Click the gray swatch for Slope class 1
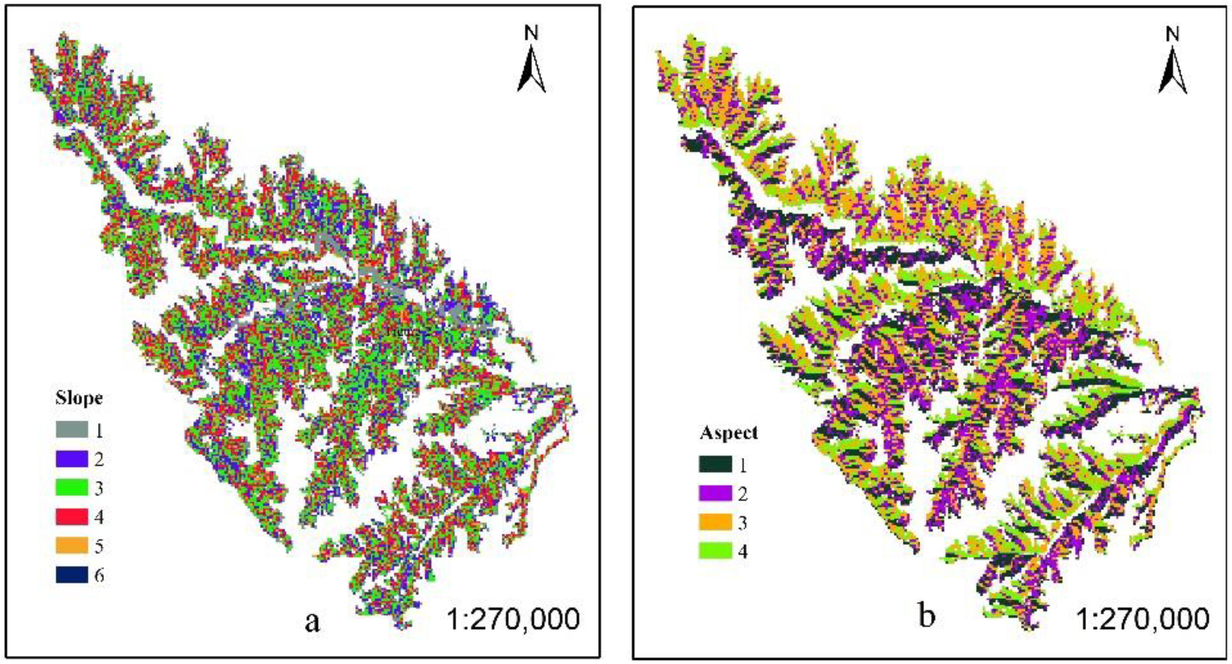tap(72, 429)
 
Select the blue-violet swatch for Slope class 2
tap(72, 458)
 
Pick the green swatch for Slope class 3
tap(72, 487)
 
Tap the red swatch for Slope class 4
tap(72, 517)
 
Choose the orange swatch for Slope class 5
tap(72, 545)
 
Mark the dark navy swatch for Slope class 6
tap(72, 575)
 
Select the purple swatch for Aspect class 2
tap(715, 494)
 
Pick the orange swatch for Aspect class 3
tap(715, 522)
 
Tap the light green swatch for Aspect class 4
tap(715, 551)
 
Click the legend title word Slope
tap(79, 398)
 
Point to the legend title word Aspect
tap(728, 433)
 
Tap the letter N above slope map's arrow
tap(531, 33)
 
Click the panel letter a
tap(312, 621)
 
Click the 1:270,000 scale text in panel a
tap(513, 619)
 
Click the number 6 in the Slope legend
tap(99, 575)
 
